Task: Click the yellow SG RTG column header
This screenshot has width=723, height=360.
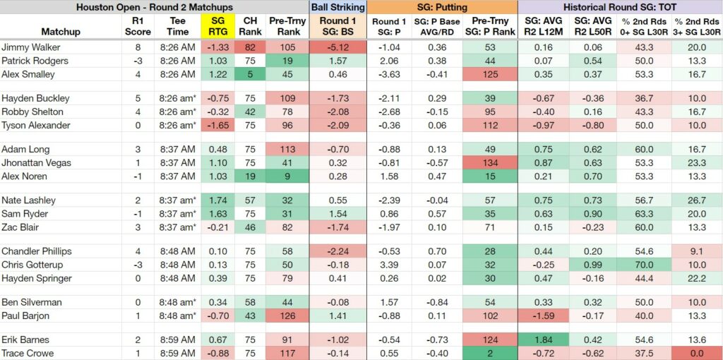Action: (217, 26)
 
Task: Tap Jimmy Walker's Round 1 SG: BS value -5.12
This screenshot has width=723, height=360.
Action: (338, 47)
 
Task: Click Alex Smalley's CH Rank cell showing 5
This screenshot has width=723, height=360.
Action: (249, 74)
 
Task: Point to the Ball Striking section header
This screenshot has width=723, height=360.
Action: (338, 7)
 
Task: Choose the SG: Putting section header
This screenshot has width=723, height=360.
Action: (443, 7)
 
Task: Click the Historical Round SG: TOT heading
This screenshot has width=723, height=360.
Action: (620, 7)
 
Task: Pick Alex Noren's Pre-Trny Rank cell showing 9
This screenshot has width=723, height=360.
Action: (287, 176)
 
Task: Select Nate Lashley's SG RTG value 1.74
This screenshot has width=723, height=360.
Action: (217, 200)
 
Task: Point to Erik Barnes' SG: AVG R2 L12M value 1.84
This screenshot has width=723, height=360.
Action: (544, 340)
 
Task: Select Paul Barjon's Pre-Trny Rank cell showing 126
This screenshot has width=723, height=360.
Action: (287, 316)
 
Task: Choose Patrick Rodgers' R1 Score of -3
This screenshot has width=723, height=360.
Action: (138, 61)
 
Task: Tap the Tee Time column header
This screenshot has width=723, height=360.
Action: (178, 26)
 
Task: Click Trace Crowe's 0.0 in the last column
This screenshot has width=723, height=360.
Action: (697, 353)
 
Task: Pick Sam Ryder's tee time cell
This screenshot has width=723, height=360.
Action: (178, 214)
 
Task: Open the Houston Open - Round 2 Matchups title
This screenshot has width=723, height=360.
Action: (155, 7)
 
